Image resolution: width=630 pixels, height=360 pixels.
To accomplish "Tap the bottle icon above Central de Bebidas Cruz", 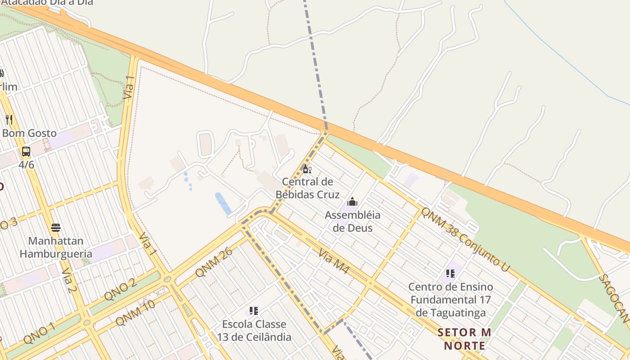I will click(x=307, y=169).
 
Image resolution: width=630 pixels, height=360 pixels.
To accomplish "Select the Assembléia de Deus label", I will click(x=352, y=221).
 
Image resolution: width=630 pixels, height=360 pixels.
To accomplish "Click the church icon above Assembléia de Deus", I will click(x=352, y=202).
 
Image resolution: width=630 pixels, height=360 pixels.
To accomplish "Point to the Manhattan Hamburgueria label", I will click(x=56, y=247).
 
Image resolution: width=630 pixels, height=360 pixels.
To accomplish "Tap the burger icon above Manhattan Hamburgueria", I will click(x=56, y=227).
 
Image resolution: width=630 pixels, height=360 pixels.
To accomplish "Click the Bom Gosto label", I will click(x=30, y=133).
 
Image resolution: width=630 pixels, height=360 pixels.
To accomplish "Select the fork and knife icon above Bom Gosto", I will click(x=9, y=119).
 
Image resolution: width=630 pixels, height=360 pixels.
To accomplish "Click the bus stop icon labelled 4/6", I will click(x=26, y=152).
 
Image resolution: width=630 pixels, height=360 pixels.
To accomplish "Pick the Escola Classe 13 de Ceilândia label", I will click(x=254, y=330).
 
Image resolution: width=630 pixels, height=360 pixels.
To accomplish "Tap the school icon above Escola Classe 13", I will click(x=254, y=310).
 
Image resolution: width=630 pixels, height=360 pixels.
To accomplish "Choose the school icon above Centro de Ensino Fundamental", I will click(x=450, y=273).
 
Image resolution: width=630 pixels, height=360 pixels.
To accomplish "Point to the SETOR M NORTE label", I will click(x=464, y=339).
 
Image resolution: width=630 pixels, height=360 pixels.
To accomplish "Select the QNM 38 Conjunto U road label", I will click(x=465, y=239).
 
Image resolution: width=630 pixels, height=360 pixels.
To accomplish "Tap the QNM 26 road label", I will click(x=214, y=262).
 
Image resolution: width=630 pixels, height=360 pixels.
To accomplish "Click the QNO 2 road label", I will click(x=120, y=289).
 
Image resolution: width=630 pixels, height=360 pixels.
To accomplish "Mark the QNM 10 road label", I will click(x=135, y=312).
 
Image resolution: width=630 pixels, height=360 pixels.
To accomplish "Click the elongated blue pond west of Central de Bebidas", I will click(x=223, y=203).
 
